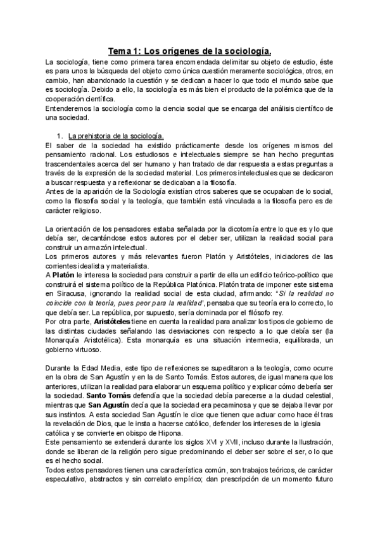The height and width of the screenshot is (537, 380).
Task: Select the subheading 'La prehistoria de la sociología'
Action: [117, 136]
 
